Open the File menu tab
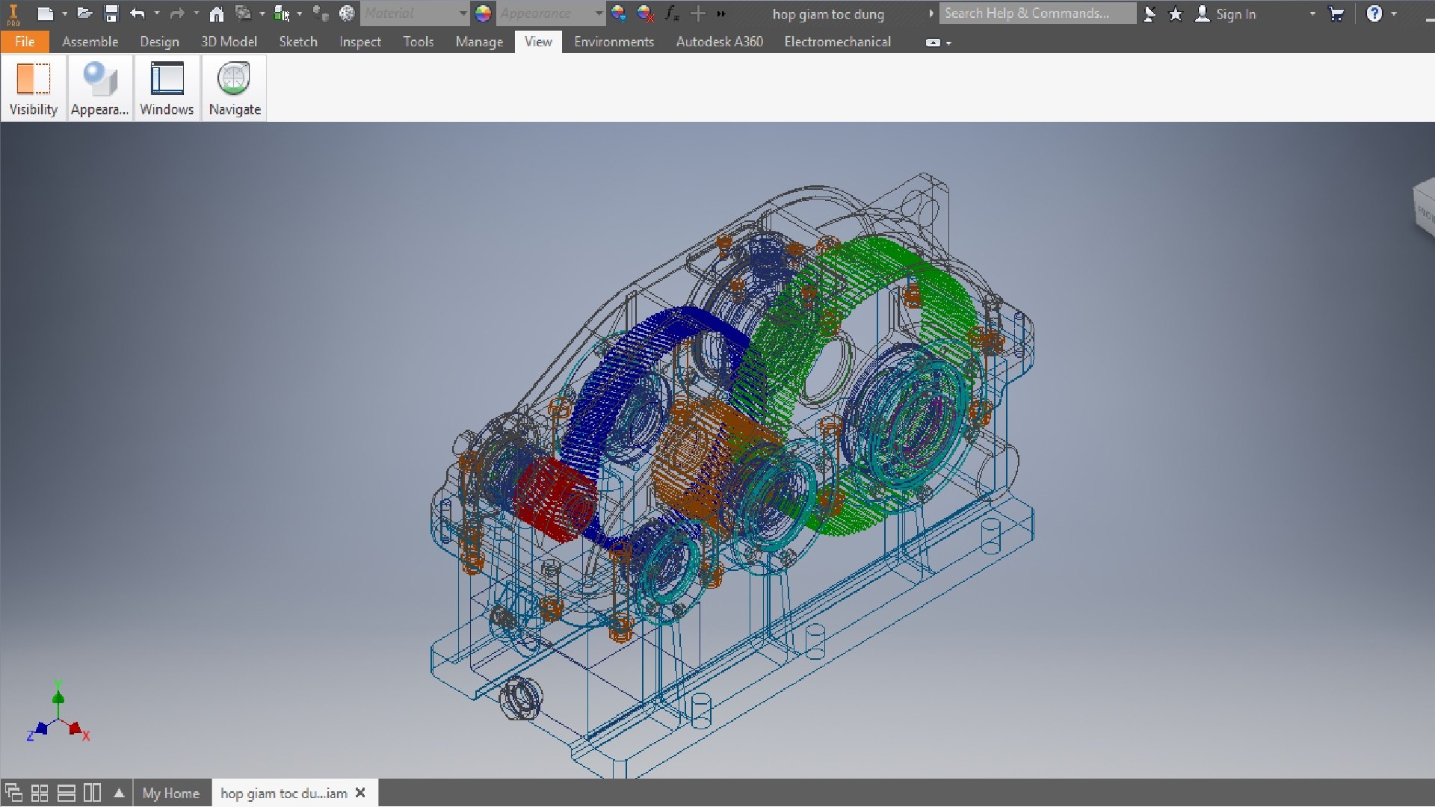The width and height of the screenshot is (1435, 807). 25,42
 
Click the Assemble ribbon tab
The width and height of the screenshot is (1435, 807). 90,42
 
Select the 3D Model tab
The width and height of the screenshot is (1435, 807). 229,42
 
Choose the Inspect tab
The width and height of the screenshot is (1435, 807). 359,42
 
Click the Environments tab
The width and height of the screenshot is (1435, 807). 614,42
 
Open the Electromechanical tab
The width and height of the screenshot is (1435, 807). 837,42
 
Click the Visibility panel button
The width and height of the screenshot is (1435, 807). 33,88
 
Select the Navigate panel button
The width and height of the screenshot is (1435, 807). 235,88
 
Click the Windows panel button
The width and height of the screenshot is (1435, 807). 167,88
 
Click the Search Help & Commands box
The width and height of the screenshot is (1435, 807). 1035,13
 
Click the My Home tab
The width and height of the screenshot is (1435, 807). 170,793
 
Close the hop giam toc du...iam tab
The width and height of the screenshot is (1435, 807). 361,793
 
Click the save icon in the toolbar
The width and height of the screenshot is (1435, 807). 111,13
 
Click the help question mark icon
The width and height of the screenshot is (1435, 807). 1374,13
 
